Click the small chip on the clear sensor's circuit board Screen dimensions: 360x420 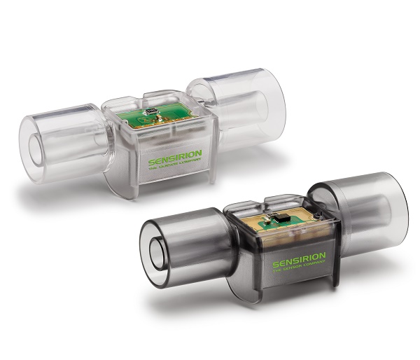[150, 111]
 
